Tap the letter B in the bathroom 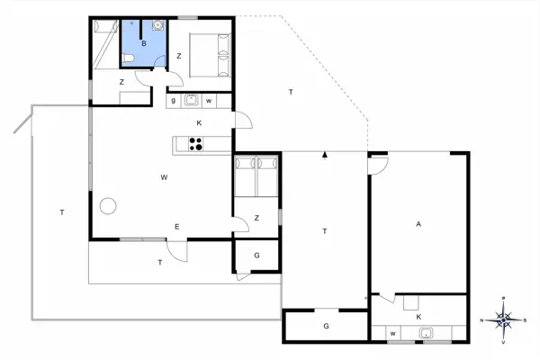point(144,41)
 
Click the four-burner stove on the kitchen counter point(196,143)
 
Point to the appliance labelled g point(174,100)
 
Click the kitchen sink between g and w point(191,100)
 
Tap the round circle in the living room point(108,205)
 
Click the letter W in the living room point(165,177)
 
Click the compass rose point(506,319)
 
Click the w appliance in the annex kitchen point(392,334)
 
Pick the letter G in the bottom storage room point(326,326)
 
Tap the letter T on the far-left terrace point(61,212)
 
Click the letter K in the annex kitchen point(418,317)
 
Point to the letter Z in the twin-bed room point(256,218)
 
